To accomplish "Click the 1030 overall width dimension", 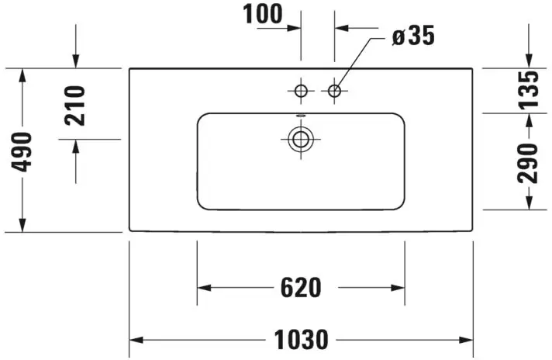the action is [301, 340].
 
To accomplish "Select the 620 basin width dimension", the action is [301, 287].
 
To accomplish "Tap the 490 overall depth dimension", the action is [22, 152].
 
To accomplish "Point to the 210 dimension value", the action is [75, 106].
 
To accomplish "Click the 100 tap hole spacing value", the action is [263, 14].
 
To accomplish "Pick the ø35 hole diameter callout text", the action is [413, 36].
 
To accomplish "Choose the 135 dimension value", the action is [528, 89].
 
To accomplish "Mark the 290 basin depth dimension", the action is [528, 164].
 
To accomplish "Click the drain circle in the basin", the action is [301, 139].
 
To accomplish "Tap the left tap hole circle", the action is [301, 91].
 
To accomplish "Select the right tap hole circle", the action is [334, 91].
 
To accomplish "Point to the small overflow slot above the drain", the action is [301, 115].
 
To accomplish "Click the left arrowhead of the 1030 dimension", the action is [136, 340].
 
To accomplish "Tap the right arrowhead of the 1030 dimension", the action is [466, 340].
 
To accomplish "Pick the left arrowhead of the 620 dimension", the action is [204, 288].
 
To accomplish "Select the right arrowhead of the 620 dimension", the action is [398, 288].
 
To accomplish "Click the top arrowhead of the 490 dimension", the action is [22, 75].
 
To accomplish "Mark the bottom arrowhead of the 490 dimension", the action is [22, 226].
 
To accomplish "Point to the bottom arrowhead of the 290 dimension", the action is [529, 203].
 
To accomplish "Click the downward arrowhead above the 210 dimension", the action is [76, 61].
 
